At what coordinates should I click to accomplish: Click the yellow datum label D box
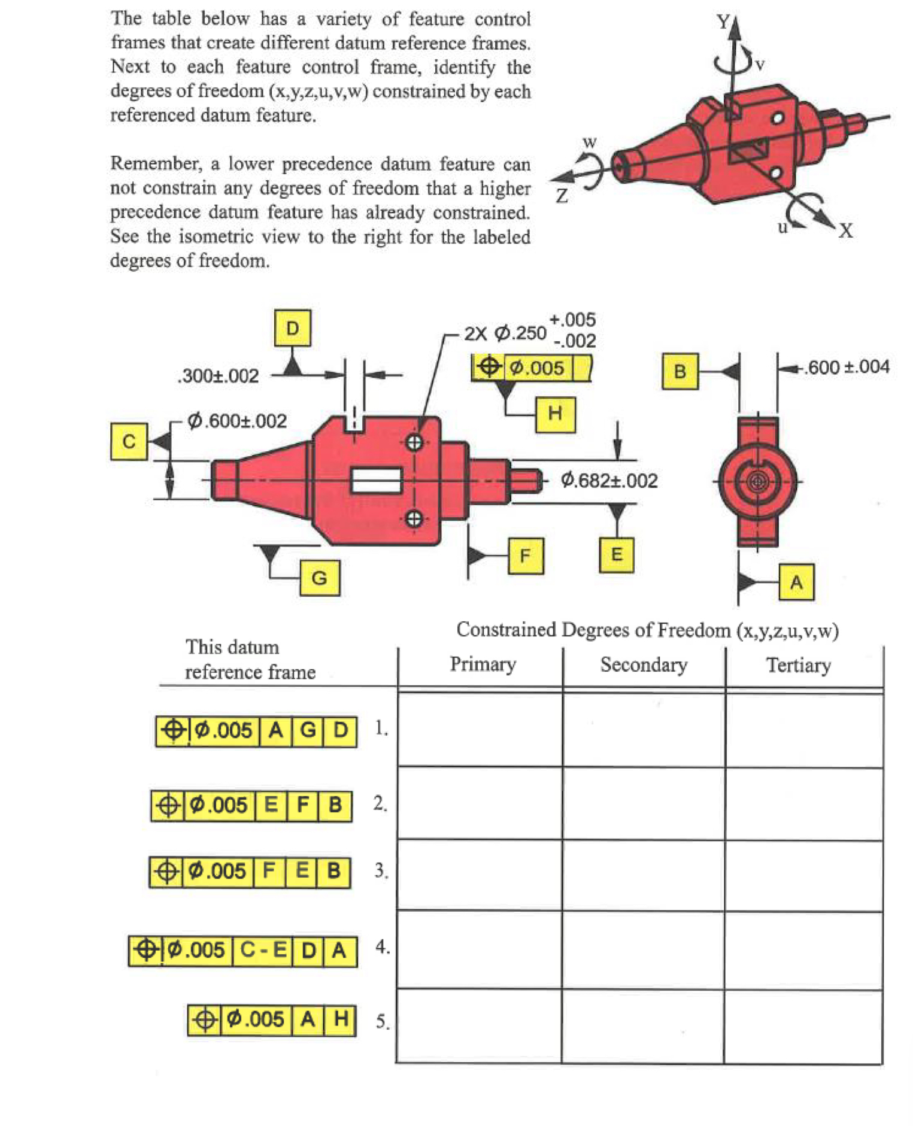click(x=292, y=328)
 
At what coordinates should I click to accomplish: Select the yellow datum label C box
click(x=129, y=441)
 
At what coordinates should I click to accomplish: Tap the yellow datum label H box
click(x=555, y=414)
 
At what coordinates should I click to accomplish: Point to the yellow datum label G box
click(x=320, y=578)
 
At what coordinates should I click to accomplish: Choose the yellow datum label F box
click(x=526, y=556)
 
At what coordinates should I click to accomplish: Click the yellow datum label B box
click(x=680, y=372)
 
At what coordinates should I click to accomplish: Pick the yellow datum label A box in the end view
click(x=796, y=582)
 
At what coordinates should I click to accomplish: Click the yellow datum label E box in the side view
click(x=617, y=554)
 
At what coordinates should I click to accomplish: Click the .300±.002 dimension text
click(x=219, y=376)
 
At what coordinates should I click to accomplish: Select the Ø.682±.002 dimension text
click(x=609, y=481)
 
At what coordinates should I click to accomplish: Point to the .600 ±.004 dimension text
click(x=847, y=367)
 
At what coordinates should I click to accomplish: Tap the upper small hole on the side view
click(x=414, y=443)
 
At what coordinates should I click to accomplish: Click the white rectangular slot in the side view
click(x=376, y=480)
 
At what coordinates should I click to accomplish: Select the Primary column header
click(x=483, y=664)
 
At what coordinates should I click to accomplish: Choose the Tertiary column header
click(x=799, y=666)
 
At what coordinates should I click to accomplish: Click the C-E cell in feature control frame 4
click(x=263, y=950)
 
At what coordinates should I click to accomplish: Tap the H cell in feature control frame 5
click(x=341, y=1019)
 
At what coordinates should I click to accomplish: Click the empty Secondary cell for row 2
click(x=644, y=803)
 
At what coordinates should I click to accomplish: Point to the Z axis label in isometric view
click(x=562, y=196)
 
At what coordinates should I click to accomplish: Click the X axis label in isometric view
click(x=845, y=230)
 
